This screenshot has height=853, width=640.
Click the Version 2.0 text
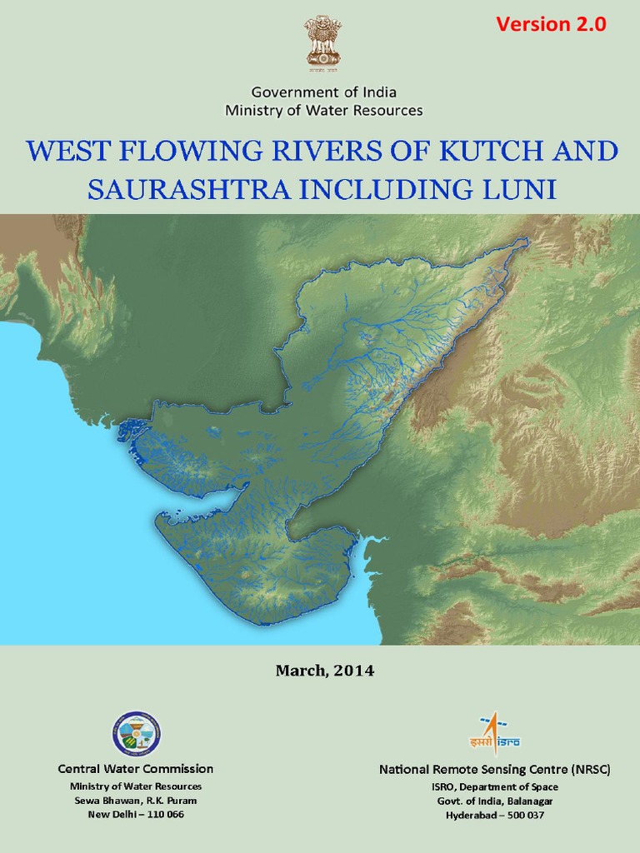click(551, 25)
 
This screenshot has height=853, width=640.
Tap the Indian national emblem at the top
click(323, 42)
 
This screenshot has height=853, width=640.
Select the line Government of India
click(323, 92)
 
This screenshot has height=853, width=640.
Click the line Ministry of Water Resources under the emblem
click(323, 110)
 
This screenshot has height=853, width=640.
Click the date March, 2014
click(325, 671)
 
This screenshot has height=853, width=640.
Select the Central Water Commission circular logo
click(136, 734)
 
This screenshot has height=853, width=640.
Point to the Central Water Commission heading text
click(136, 769)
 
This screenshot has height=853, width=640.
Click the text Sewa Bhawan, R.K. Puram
click(136, 800)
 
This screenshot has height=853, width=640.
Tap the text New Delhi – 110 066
click(136, 814)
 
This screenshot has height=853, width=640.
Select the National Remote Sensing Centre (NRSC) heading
click(495, 771)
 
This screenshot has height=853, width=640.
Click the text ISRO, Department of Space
click(495, 786)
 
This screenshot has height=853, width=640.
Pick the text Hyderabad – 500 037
click(495, 815)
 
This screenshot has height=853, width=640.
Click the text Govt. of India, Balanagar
click(495, 801)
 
